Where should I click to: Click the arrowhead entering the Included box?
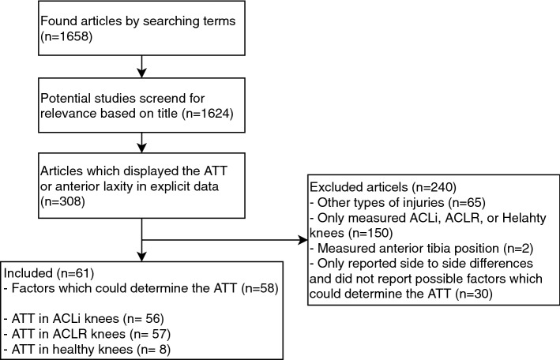click(141, 256)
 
